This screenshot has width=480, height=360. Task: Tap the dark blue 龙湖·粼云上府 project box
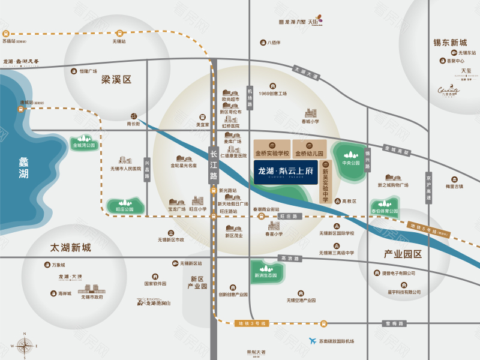pyautogui.click(x=285, y=171)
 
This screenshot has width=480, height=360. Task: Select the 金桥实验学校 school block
pyautogui.click(x=272, y=148)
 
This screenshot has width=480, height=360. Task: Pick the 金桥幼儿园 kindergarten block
pyautogui.click(x=309, y=148)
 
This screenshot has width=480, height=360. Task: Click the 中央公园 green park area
pyautogui.click(x=350, y=159)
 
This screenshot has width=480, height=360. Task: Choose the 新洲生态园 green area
pyautogui.click(x=265, y=272)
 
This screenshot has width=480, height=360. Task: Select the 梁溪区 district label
pyautogui.click(x=116, y=79)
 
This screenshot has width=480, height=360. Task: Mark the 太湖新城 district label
pyautogui.click(x=71, y=248)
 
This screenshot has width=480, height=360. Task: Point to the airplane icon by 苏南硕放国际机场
pyautogui.click(x=312, y=341)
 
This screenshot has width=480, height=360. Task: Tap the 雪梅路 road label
pyautogui.click(x=394, y=323)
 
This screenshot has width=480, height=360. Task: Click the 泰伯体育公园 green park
pyautogui.click(x=385, y=207)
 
